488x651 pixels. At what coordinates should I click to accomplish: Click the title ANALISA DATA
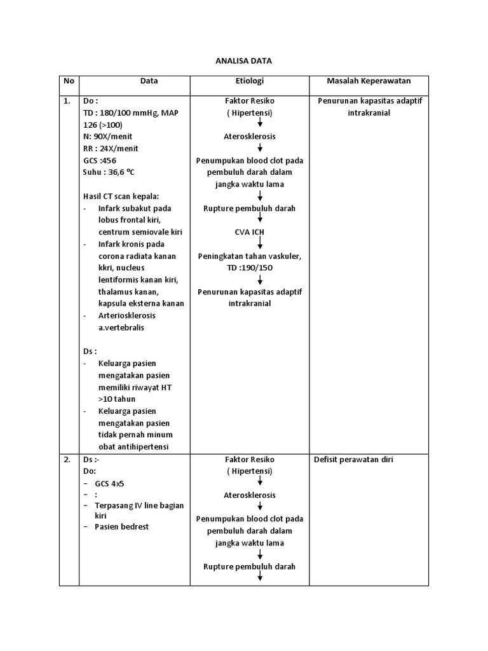point(244,61)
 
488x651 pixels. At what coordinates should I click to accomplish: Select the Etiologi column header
point(249,81)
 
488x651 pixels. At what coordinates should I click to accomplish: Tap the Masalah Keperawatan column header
point(369,81)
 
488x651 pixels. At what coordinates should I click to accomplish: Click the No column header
point(69,81)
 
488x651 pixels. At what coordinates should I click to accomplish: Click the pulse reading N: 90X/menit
point(108,137)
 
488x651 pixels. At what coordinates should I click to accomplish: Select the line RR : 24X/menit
point(111,149)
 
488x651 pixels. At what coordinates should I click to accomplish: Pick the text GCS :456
point(102,160)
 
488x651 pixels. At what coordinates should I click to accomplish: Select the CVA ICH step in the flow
point(249,232)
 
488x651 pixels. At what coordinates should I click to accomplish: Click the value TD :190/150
point(249,268)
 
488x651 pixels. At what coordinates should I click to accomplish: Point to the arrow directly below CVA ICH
point(260,244)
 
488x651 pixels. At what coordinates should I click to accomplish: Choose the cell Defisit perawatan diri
point(353,460)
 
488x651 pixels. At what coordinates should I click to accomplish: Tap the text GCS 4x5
point(110,484)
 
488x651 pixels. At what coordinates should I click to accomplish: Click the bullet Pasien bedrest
point(121,527)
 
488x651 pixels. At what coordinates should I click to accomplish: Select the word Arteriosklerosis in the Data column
point(127,316)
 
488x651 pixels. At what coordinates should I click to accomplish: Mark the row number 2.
point(67,460)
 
